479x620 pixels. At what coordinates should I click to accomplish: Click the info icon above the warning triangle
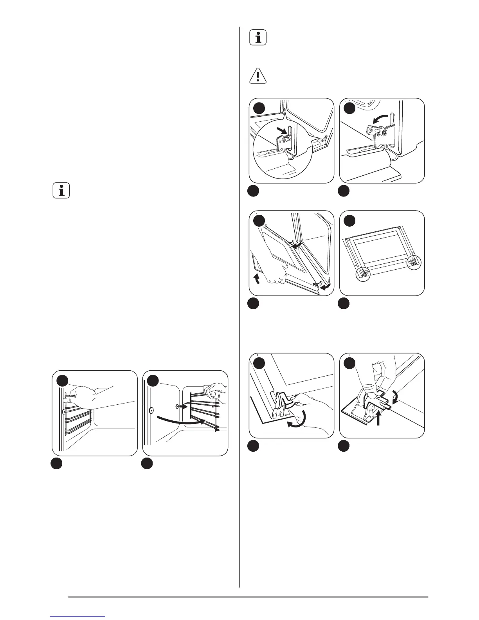[258, 38]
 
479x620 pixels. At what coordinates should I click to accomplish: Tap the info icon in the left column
[61, 191]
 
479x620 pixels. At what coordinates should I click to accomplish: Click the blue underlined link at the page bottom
[78, 616]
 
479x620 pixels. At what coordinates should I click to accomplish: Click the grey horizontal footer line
[248, 597]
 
